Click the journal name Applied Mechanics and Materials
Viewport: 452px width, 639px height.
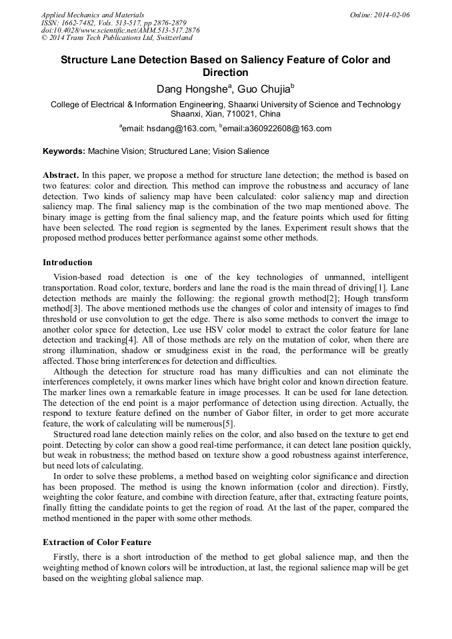pos(92,14)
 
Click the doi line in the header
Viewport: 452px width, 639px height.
pos(120,30)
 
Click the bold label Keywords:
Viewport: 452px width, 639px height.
pos(64,151)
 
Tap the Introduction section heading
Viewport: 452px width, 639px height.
pos(67,262)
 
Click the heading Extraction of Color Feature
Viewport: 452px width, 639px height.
pos(97,542)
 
